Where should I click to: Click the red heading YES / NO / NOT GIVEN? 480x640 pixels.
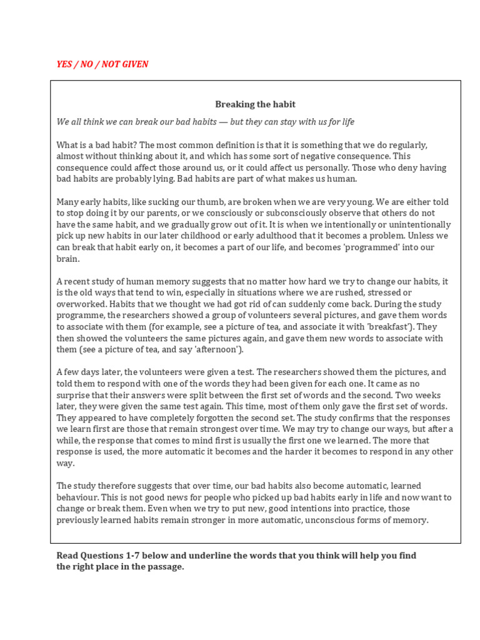(102, 64)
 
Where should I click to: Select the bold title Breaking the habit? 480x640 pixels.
(255, 104)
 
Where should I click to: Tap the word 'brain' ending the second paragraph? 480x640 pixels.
(67, 259)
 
